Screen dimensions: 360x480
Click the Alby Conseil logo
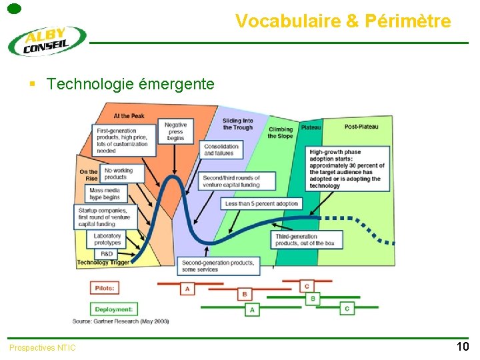[x=47, y=41]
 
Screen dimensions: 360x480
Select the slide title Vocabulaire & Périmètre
[x=343, y=21]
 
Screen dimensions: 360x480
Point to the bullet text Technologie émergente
[x=131, y=84]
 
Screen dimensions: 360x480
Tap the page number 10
[x=462, y=346]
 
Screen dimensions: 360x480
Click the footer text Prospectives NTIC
[x=43, y=347]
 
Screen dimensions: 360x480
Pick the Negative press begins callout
[x=175, y=131]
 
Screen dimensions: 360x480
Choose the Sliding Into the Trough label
[x=237, y=125]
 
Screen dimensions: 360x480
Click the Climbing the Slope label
[x=280, y=133]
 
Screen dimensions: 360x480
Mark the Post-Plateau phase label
[x=361, y=127]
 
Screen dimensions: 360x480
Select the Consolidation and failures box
[x=221, y=150]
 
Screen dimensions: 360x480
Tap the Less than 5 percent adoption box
[x=261, y=203]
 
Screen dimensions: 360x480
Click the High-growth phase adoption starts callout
[x=347, y=169]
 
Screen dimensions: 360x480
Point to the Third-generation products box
[x=305, y=239]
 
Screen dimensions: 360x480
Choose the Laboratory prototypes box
[x=108, y=239]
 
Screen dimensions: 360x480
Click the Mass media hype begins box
[x=105, y=194]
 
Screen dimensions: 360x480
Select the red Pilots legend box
[x=105, y=288]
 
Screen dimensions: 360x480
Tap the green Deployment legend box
[x=114, y=309]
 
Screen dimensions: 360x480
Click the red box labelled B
[x=245, y=294]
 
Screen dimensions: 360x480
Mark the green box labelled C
[x=347, y=309]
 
